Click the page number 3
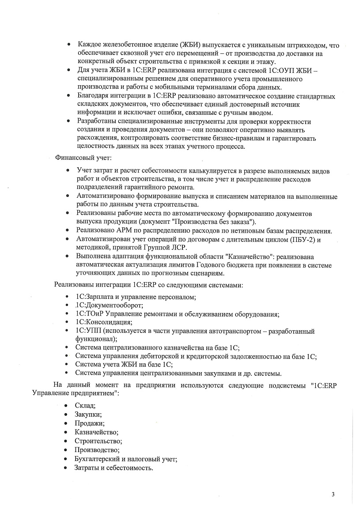coord(333,494)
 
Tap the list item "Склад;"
coord(85,405)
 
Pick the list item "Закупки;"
coord(88,414)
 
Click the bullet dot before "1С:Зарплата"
coord(66,297)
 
